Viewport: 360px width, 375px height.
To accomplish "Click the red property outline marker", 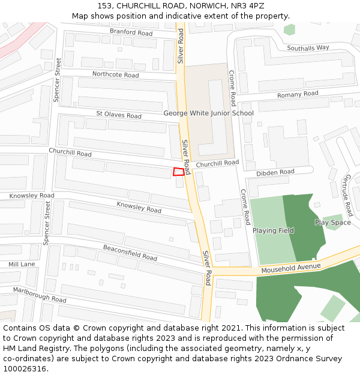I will point(178,172).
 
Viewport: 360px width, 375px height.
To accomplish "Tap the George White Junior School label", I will point(208,113).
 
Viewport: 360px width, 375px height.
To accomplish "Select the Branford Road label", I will point(131,32).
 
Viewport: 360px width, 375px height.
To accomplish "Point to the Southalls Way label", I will point(308,47).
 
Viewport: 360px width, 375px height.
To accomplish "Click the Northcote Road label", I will point(115,74).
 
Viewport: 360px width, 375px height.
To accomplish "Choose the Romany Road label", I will point(298,94).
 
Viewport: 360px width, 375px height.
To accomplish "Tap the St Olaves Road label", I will point(119,115).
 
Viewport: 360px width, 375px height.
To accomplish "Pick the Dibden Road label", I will point(275,172).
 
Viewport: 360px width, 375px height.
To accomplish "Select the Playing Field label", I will point(273,230).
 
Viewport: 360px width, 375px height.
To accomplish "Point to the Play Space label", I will point(333,223).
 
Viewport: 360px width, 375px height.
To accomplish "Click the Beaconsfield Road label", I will point(130,253).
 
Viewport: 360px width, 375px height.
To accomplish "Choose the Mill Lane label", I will point(22,264).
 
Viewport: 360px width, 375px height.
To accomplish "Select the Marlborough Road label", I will point(40,295).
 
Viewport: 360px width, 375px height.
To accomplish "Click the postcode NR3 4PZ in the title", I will point(248,6).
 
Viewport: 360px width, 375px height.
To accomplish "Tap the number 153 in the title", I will point(105,6).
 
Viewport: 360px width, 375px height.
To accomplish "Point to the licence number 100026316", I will point(25,369).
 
